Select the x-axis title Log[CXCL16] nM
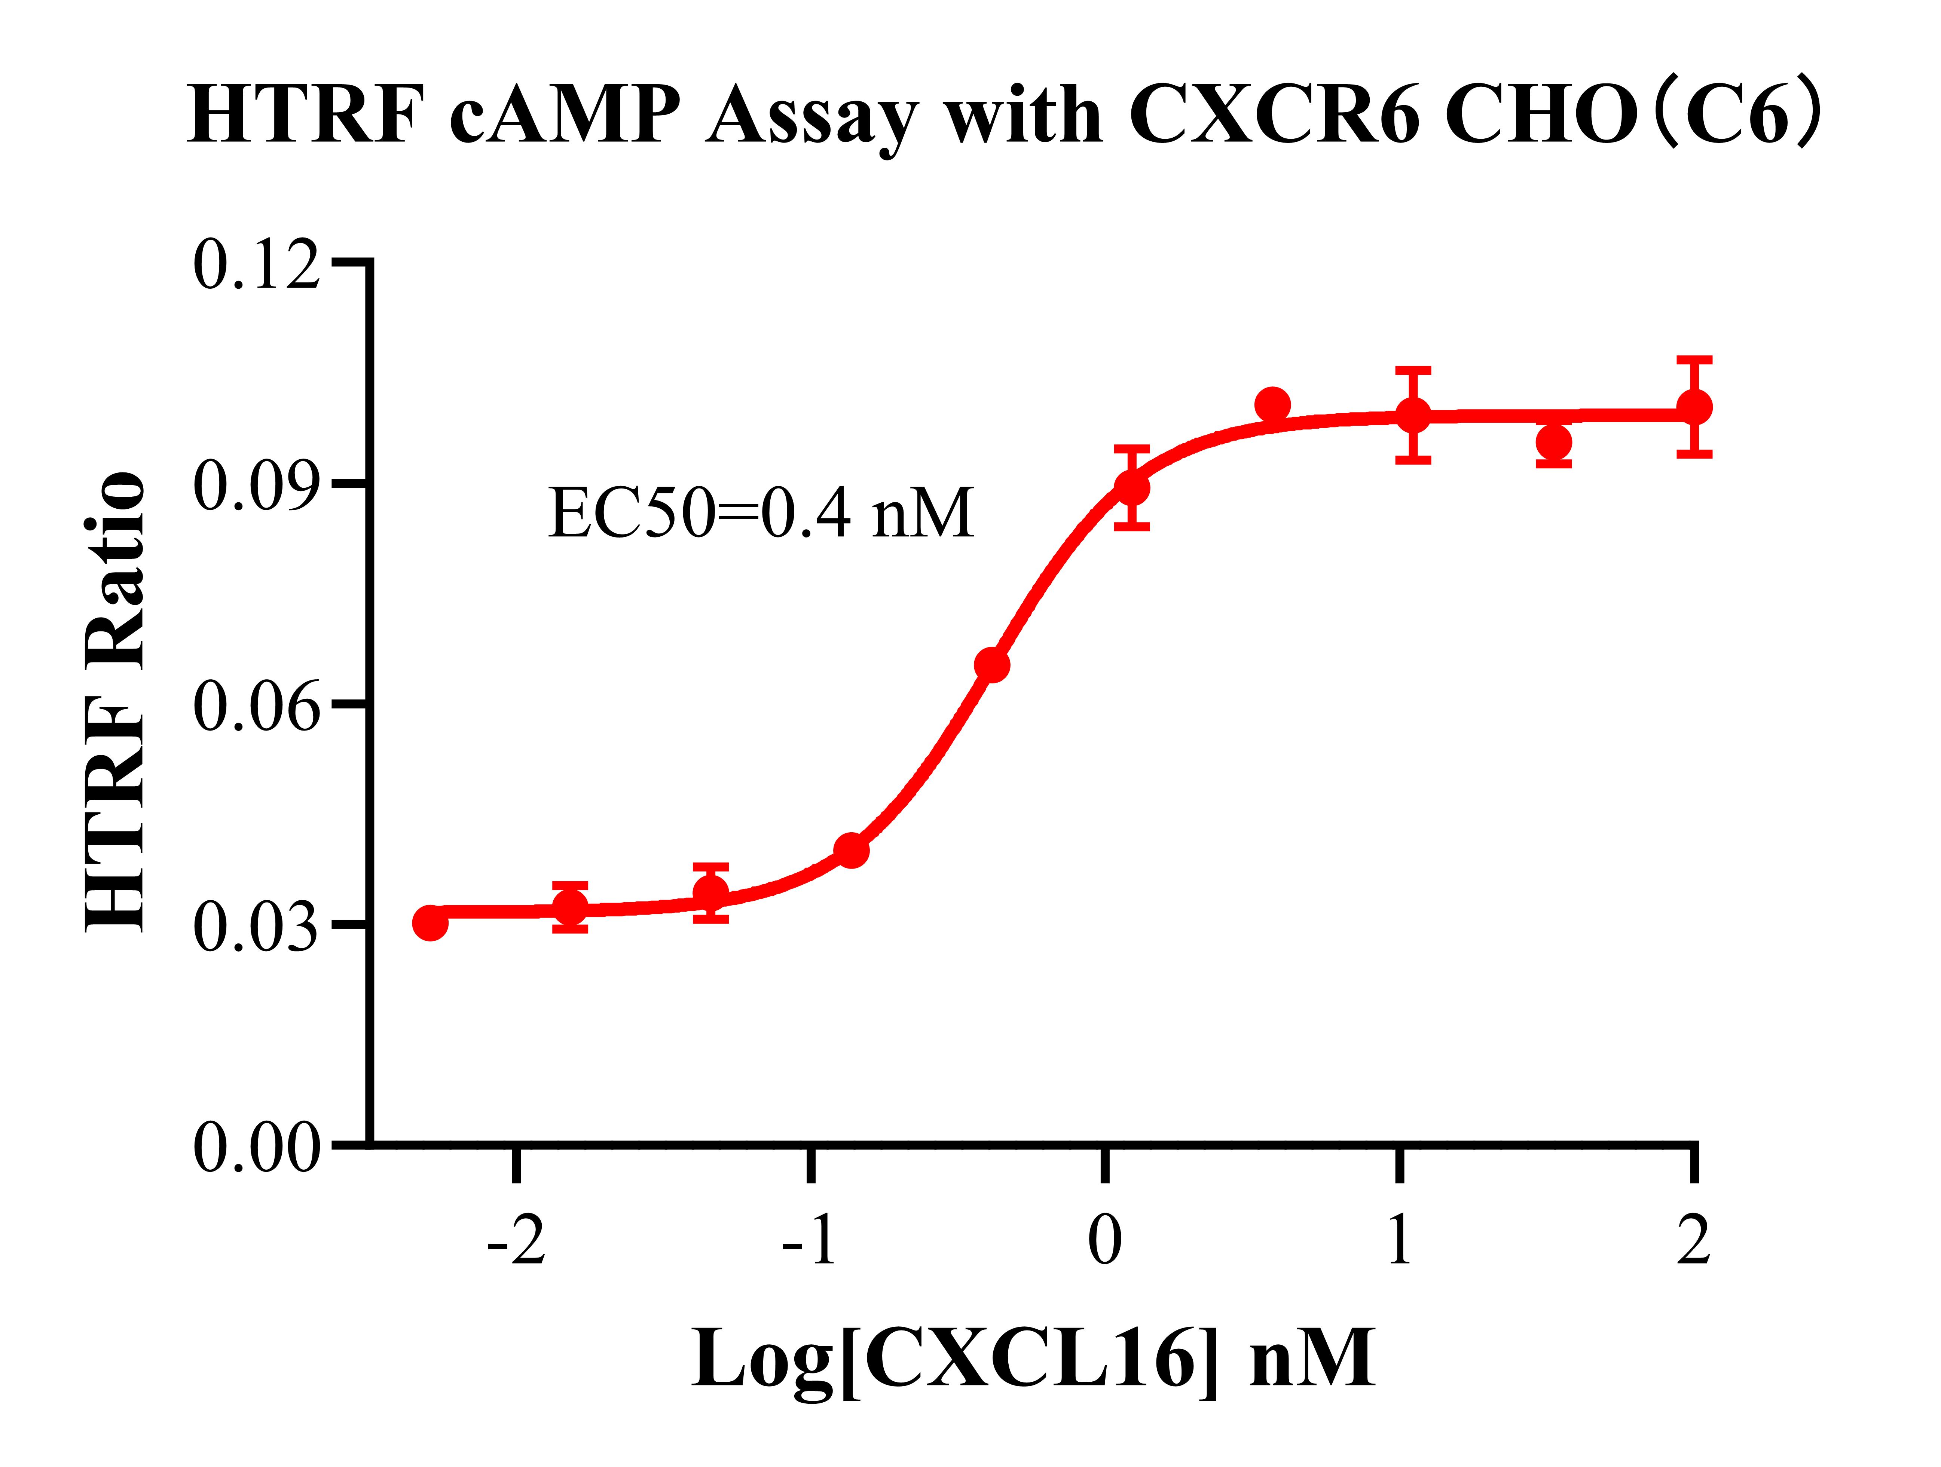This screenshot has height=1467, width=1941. coord(1033,1358)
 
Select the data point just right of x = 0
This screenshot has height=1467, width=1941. coord(1132,487)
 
